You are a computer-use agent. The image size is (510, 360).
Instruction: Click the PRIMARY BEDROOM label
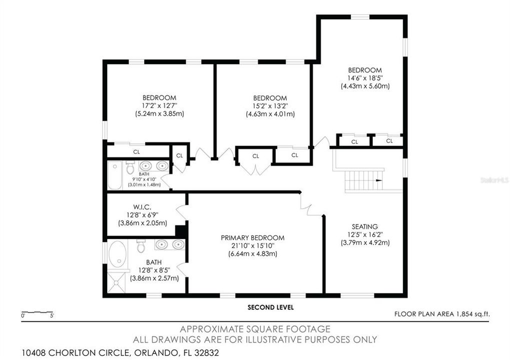tap(252, 237)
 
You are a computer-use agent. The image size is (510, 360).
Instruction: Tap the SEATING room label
tap(364, 226)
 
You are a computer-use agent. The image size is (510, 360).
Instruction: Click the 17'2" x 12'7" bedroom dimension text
tap(159, 105)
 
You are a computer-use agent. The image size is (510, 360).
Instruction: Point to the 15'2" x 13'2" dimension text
tap(270, 106)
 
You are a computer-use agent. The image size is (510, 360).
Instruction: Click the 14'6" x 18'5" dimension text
tap(364, 78)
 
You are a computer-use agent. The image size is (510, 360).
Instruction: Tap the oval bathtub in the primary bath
tap(119, 254)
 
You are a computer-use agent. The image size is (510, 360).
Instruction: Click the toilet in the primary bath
tap(141, 246)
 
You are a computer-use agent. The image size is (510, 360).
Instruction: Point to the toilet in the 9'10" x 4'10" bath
tap(131, 166)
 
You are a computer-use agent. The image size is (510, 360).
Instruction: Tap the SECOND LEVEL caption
tap(270, 307)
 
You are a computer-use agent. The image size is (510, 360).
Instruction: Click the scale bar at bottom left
tap(38, 313)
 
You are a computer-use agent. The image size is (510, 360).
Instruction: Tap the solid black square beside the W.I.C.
tap(181, 231)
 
